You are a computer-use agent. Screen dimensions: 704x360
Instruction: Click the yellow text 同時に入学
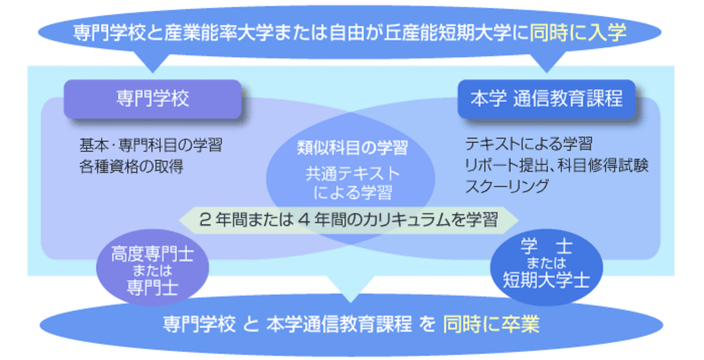click(x=578, y=32)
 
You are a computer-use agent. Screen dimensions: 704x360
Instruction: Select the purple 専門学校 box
click(x=153, y=99)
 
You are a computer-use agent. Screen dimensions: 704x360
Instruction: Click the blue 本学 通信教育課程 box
click(x=546, y=99)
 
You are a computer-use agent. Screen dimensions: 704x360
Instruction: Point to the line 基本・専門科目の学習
click(x=151, y=145)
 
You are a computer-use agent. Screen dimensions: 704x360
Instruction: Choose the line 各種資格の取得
click(x=131, y=167)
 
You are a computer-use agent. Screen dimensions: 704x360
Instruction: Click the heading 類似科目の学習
click(x=352, y=148)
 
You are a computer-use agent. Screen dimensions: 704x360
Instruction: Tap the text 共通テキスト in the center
click(x=353, y=173)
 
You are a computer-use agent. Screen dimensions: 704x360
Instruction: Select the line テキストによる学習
click(x=529, y=144)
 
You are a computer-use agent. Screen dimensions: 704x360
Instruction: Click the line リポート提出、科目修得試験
click(x=557, y=165)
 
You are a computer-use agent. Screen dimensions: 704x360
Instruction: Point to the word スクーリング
click(x=507, y=186)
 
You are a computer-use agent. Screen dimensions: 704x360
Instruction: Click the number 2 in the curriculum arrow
click(x=204, y=220)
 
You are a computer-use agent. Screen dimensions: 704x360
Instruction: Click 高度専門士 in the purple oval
click(x=153, y=254)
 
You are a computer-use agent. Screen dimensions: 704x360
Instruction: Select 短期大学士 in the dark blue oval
click(x=546, y=280)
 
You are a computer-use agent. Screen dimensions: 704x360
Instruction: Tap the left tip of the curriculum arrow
click(x=179, y=220)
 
